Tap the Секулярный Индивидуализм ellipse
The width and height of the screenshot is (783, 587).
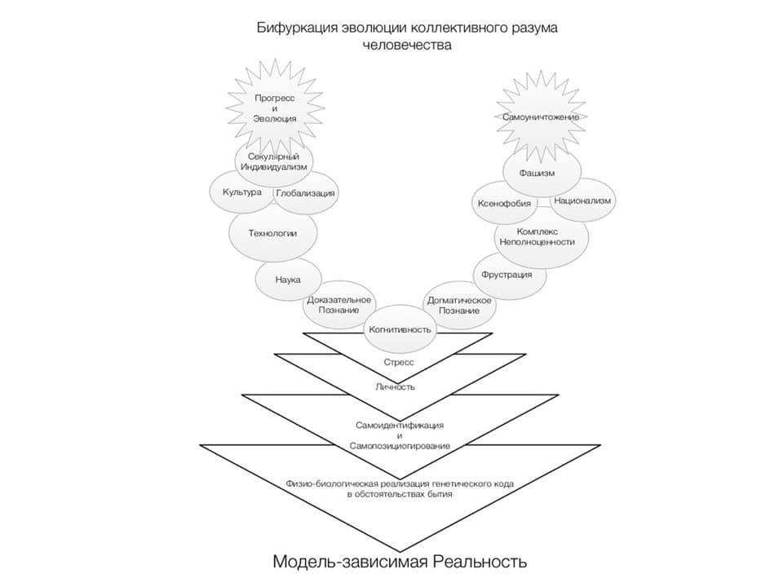(274, 161)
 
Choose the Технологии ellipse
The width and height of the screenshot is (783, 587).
(272, 233)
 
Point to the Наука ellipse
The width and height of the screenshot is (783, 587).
(288, 280)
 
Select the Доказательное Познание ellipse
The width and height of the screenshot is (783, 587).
(339, 306)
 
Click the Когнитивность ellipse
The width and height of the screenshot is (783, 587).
(399, 329)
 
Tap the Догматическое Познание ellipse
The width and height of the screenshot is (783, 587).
(459, 307)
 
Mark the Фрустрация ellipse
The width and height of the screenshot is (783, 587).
(507, 274)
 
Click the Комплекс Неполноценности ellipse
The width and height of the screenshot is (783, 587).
(541, 236)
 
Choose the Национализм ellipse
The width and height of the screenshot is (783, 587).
(582, 201)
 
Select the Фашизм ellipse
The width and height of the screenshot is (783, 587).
(541, 173)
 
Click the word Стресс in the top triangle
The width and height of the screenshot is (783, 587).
(398, 360)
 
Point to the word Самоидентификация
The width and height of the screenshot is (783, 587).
(399, 426)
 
